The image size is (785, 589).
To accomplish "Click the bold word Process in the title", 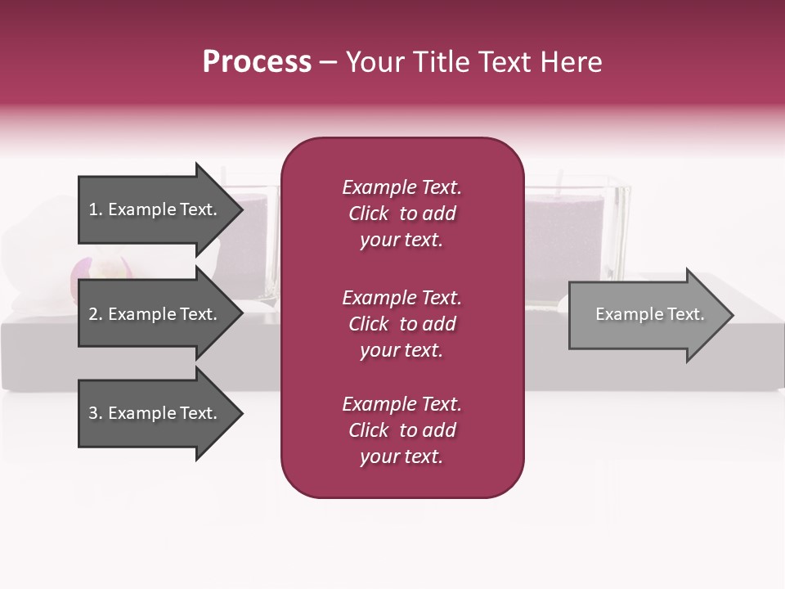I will coord(257,62).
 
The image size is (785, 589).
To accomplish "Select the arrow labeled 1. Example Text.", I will coord(155,209).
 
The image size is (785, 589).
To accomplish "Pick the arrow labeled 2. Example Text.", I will coord(155,314).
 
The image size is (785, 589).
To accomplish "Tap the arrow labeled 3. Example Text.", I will coord(155,413).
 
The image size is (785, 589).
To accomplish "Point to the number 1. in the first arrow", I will coord(95,209).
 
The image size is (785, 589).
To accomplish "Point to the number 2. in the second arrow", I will coord(95,314).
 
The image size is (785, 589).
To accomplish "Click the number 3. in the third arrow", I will coord(95,413).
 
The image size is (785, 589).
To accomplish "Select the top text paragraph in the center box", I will coord(401,214).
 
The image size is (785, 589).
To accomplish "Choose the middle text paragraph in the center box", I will coord(401,324).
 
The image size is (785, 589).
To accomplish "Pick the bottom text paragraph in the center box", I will coord(401,430).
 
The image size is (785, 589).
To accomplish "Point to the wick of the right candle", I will coord(561,178).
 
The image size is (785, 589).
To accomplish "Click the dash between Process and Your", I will coord(328,63).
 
